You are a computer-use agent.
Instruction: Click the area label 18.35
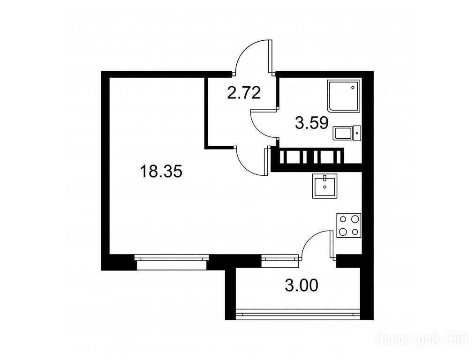point(161,172)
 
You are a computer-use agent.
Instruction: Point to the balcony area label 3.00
point(302,285)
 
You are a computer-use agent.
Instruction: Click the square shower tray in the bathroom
point(345,95)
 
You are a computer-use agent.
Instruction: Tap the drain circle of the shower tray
point(353,88)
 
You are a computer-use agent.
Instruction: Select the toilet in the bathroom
point(347,133)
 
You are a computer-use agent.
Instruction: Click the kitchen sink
point(325,186)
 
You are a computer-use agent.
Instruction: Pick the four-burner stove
point(349,225)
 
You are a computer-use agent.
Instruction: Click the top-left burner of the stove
point(343,219)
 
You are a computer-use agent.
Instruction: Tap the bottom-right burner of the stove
point(355,232)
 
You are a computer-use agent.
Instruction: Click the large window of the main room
point(172,262)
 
